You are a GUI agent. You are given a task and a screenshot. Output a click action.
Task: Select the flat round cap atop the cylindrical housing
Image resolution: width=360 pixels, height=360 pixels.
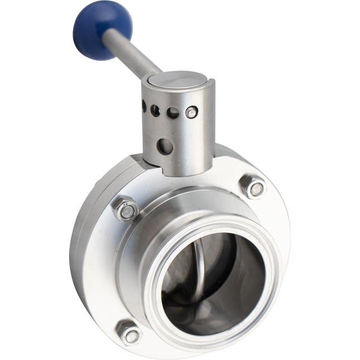click(178, 79)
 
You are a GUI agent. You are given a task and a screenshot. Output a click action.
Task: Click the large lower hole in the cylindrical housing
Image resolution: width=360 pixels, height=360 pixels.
click(165, 146)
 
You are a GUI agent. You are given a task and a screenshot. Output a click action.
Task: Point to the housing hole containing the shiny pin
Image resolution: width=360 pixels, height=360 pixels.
click(191, 112)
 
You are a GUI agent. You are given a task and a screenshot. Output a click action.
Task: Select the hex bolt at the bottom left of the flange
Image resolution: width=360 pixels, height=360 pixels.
click(129, 333)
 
